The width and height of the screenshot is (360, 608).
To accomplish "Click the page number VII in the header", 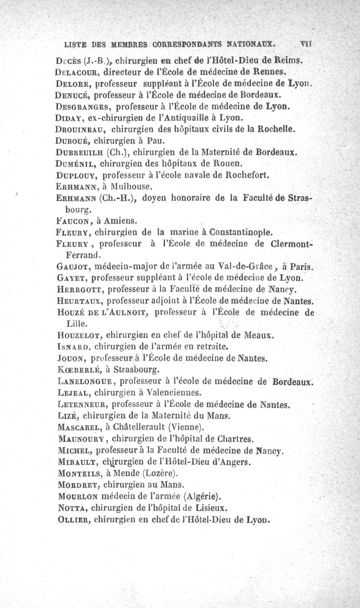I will click(x=307, y=45).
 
